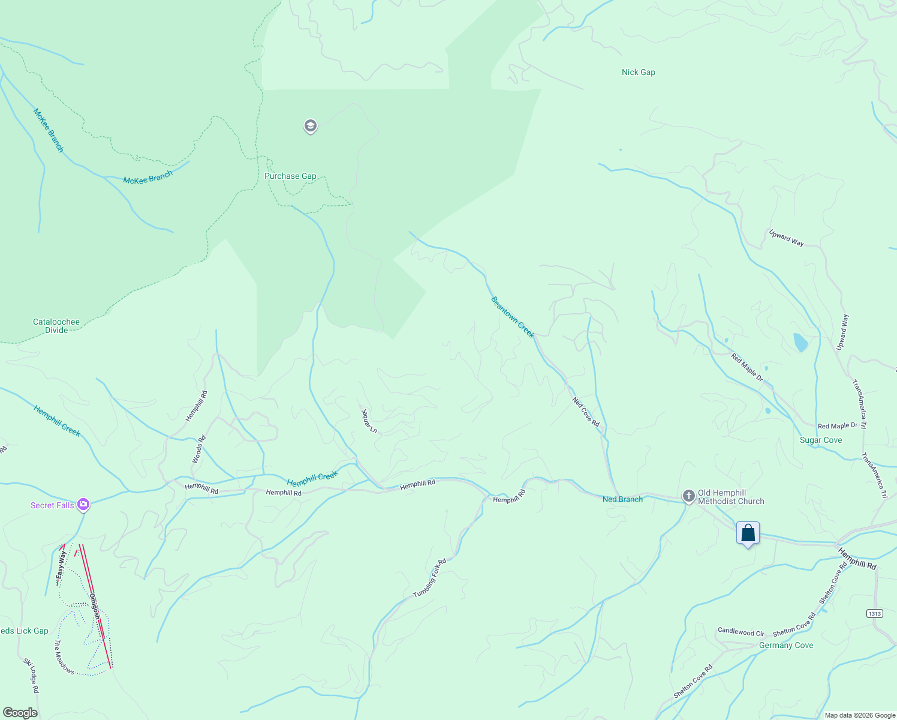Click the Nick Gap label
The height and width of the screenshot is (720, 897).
(638, 72)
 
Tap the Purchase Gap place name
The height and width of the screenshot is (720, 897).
(290, 176)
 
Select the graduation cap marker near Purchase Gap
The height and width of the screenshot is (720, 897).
(310, 126)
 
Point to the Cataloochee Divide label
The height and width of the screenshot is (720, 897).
(56, 326)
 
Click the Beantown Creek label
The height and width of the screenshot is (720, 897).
(512, 317)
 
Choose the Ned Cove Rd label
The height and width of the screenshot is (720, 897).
(586, 412)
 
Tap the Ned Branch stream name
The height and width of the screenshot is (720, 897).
(622, 499)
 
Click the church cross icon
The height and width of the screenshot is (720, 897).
(689, 496)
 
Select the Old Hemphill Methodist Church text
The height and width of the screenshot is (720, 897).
(731, 497)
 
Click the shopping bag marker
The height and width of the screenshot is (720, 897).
(748, 533)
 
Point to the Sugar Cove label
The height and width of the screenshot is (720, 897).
(821, 440)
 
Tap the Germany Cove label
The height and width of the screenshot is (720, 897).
(786, 645)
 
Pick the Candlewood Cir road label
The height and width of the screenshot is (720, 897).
(741, 632)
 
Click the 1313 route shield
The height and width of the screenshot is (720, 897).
(874, 613)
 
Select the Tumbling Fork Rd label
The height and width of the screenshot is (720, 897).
(430, 578)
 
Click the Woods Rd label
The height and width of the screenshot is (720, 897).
(198, 449)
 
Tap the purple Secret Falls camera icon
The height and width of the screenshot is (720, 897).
(83, 505)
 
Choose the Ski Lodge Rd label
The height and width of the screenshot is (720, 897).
(31, 676)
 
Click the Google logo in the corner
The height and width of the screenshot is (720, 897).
(20, 713)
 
